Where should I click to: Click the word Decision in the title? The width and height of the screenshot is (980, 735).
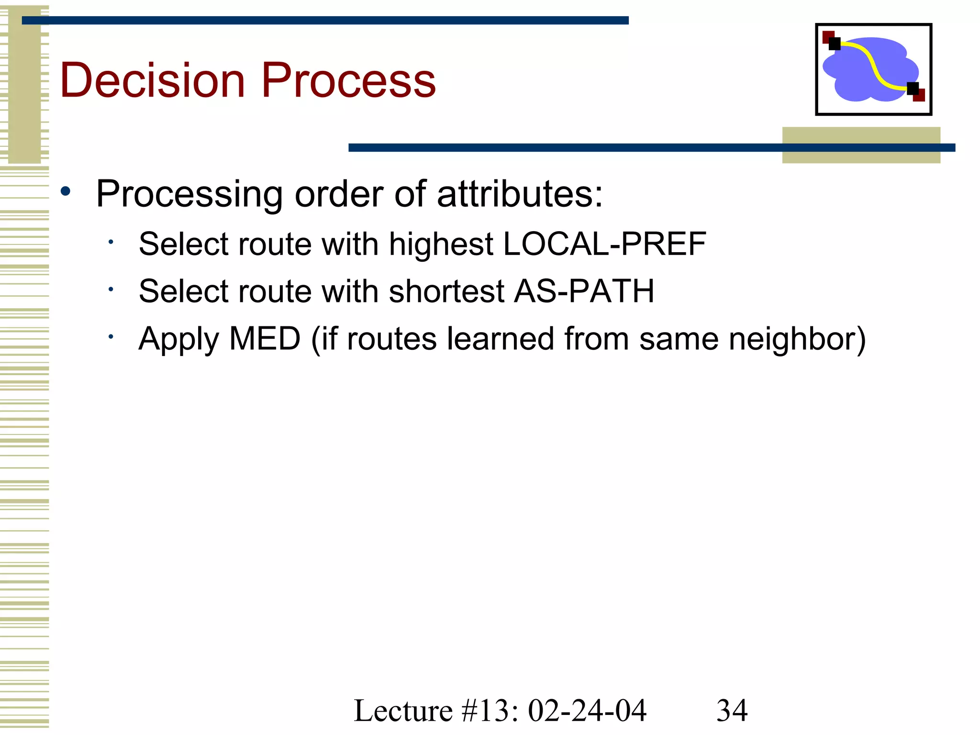tap(152, 80)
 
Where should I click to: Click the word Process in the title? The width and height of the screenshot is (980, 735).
tap(348, 80)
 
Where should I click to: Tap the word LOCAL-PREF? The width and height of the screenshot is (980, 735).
tap(605, 244)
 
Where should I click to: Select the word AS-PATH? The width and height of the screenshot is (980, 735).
tap(584, 291)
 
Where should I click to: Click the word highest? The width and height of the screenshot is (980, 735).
tap(441, 244)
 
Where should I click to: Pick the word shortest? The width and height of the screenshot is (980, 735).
tap(446, 291)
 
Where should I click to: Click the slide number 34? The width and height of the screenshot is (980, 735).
tap(732, 710)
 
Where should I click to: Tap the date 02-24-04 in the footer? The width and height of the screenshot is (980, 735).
tap(587, 710)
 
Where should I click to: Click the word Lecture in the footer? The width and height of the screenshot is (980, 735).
tap(403, 710)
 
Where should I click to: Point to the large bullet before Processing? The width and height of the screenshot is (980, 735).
tap(66, 192)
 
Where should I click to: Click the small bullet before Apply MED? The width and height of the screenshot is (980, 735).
tap(111, 337)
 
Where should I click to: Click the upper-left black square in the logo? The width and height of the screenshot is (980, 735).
tap(834, 44)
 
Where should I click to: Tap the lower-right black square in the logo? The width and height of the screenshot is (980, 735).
tap(913, 89)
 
